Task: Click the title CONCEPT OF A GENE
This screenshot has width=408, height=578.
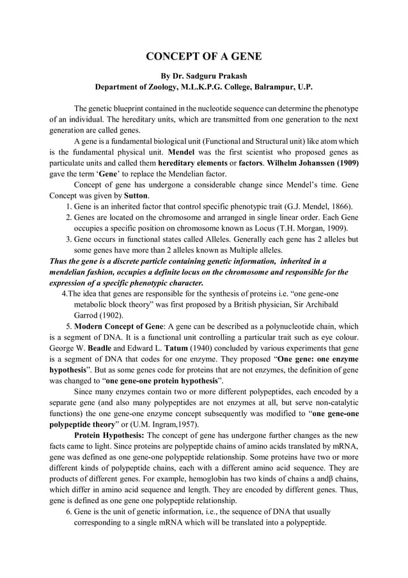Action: point(203,57)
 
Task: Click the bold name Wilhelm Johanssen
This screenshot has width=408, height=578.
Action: point(296,163)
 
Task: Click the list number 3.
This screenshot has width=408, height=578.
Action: point(68,239)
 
